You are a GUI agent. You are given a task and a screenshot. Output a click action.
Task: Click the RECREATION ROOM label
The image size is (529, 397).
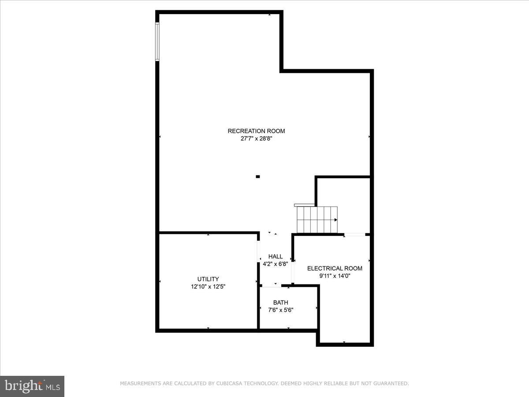click(256, 131)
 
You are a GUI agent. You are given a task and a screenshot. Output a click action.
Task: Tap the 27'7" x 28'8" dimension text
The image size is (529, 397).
click(256, 139)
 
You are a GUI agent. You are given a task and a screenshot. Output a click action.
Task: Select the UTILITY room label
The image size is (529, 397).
click(208, 279)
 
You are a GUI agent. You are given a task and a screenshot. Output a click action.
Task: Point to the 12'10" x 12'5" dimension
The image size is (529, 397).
click(208, 287)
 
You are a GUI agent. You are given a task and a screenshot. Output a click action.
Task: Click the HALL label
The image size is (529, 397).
click(276, 257)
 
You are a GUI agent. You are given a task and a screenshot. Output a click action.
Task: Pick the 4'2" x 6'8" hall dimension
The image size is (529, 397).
click(276, 264)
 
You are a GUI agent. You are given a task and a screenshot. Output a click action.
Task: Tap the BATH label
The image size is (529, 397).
click(281, 303)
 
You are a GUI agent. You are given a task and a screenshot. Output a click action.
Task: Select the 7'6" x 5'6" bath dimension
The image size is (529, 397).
click(281, 310)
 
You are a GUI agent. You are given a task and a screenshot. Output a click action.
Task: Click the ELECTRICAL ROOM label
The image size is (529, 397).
click(335, 269)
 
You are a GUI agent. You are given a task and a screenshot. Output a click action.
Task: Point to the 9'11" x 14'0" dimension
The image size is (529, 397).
click(335, 276)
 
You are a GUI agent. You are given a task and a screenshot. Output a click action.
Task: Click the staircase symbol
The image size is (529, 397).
click(317, 219)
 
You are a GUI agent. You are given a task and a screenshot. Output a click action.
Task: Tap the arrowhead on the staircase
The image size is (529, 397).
click(335, 220)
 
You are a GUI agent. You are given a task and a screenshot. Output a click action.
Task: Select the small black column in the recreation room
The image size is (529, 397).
click(258, 177)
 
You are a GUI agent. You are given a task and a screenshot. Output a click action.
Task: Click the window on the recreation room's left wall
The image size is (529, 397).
click(157, 41)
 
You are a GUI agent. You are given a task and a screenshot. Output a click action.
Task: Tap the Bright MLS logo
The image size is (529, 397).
click(32, 386)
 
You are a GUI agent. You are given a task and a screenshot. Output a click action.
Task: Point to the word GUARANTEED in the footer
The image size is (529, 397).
click(389, 384)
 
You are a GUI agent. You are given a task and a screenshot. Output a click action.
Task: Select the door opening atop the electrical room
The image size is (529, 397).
click(355, 235)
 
